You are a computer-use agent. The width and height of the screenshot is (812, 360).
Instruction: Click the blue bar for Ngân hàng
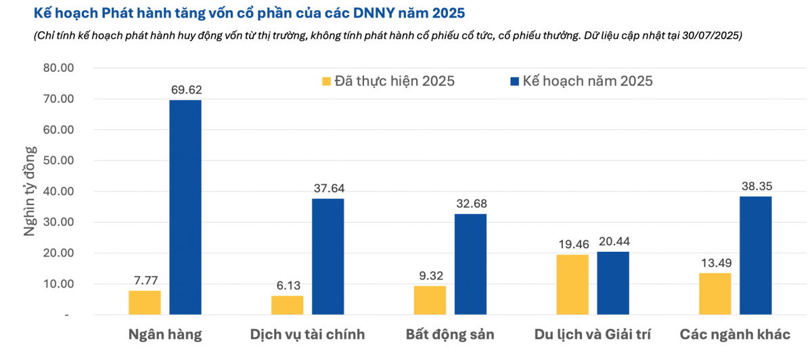pos(185,207)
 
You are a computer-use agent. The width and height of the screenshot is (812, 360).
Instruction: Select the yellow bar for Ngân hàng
pos(144,302)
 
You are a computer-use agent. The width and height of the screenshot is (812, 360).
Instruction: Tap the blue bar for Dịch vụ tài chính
pos(328,256)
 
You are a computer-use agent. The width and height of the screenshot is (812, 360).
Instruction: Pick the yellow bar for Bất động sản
pos(430,300)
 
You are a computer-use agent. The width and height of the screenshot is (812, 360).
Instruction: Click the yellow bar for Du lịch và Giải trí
pos(572,284)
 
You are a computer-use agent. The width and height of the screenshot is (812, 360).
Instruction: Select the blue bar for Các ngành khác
pos(755,255)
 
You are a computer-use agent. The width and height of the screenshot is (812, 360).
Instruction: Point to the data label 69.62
pos(185,89)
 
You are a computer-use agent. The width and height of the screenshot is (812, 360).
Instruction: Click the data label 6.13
pos(287,286)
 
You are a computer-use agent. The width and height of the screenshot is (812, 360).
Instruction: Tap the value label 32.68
pos(470,204)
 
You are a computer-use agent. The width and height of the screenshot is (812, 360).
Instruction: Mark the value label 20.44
pos(613,242)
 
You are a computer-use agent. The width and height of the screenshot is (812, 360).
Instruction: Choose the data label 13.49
pos(715,263)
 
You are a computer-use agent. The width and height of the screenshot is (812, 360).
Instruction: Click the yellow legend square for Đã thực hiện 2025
pos(326,81)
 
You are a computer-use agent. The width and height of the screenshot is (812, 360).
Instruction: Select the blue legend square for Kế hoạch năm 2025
pos(514,81)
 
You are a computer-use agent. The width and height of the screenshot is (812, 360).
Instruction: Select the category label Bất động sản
pos(450,335)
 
